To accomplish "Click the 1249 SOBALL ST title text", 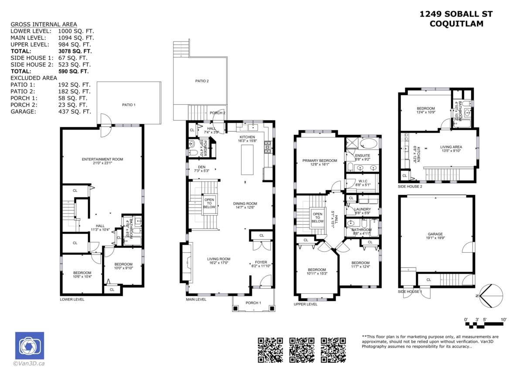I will tap(456, 14).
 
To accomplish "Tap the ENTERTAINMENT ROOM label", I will tap(102, 159).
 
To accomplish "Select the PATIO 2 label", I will tap(202, 81).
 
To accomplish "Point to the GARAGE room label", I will tap(435, 234).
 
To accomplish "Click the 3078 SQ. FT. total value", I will tap(74, 51).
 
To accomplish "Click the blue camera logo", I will tap(30, 346).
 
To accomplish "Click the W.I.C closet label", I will tap(363, 181).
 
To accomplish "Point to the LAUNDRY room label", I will tap(363, 209).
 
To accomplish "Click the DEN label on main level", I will tap(201, 167).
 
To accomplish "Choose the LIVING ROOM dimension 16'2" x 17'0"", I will tap(218, 263).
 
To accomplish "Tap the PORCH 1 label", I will tap(253, 303).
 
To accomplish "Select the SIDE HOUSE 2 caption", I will tap(410, 186).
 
